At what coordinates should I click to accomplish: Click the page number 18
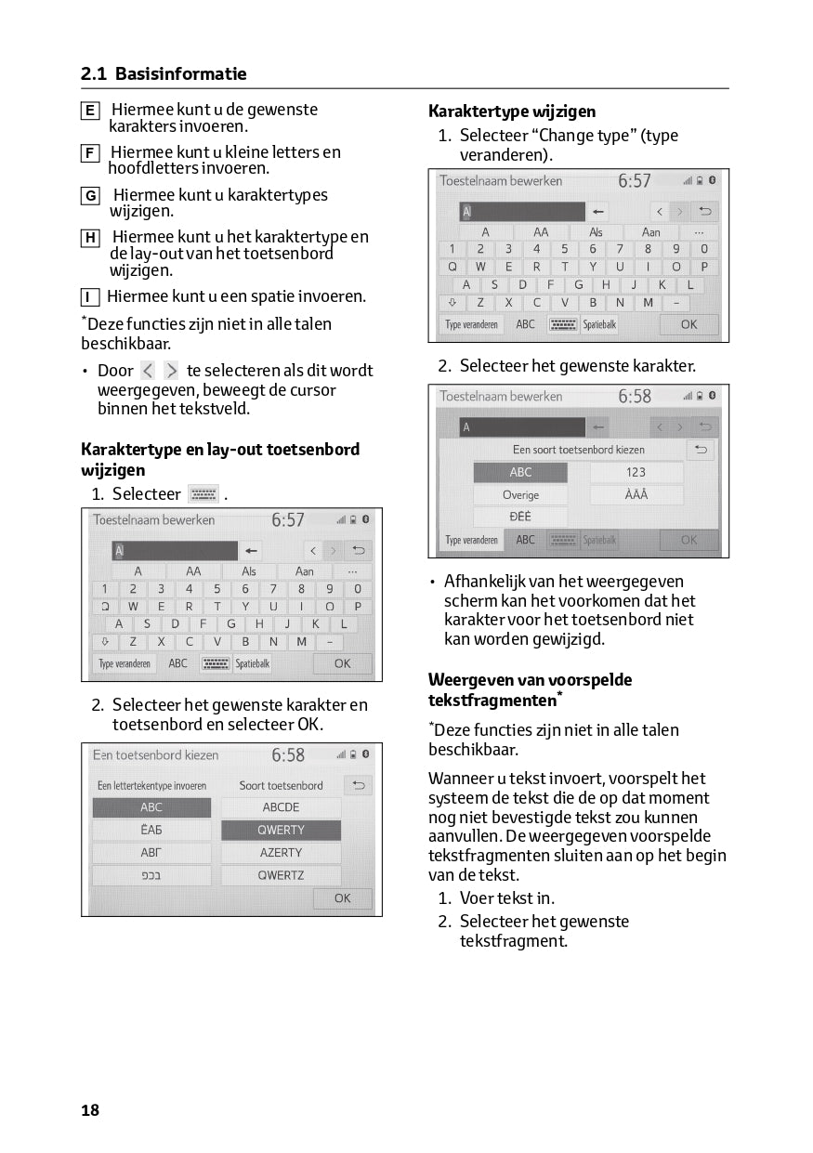click(90, 1110)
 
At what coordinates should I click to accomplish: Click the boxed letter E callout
click(90, 111)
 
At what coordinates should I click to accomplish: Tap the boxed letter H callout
click(90, 238)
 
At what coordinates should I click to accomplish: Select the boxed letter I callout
click(90, 298)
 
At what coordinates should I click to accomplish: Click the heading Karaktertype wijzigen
click(512, 111)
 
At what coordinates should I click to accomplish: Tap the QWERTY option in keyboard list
click(281, 830)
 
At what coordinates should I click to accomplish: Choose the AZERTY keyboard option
click(281, 852)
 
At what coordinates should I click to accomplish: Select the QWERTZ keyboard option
click(281, 875)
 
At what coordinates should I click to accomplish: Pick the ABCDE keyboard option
click(281, 807)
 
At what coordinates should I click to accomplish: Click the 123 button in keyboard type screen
click(636, 472)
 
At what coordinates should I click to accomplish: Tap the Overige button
click(520, 495)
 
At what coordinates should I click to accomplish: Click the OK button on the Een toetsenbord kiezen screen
click(342, 898)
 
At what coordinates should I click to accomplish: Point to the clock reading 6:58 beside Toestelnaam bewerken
click(636, 397)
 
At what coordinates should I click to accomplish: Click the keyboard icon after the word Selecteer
click(203, 494)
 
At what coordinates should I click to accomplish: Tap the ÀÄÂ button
click(636, 495)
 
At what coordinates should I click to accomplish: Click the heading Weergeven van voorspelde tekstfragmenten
click(530, 689)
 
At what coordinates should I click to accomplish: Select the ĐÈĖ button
click(520, 518)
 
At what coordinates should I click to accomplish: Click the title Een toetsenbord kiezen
click(155, 755)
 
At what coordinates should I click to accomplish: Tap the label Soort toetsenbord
click(281, 786)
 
